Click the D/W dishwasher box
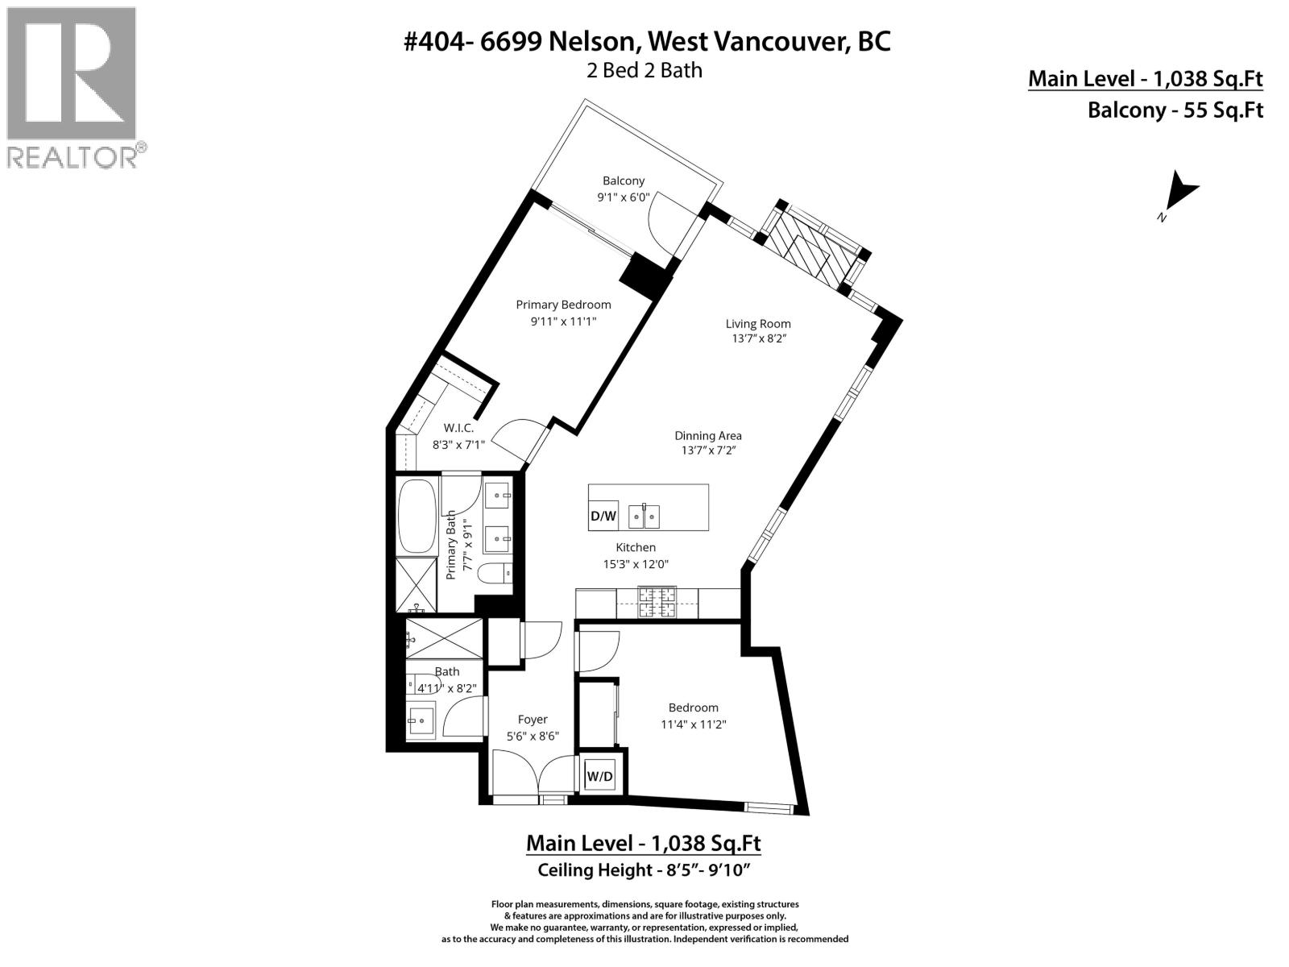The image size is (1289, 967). tap(603, 516)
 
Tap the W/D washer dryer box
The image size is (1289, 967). tap(599, 777)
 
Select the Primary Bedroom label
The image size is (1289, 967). tap(563, 305)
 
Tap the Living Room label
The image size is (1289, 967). tap(758, 324)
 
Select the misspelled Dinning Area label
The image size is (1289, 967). tap(708, 436)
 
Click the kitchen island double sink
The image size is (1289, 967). tap(646, 516)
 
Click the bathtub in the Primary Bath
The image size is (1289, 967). tap(417, 516)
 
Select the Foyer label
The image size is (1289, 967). tap(533, 720)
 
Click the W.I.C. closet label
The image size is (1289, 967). tap(458, 428)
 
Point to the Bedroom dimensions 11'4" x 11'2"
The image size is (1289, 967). tap(694, 724)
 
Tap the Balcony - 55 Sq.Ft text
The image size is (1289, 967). tap(1175, 110)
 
